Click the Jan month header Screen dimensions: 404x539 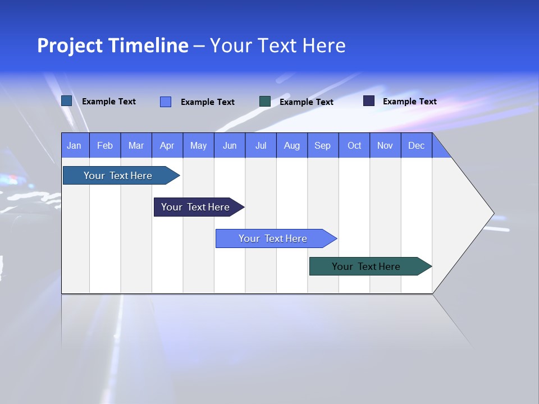point(74,145)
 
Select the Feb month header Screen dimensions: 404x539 point(105,145)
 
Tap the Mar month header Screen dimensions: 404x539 point(136,145)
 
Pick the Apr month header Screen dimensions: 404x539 point(167,145)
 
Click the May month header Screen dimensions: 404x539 point(198,145)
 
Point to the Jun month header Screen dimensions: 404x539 point(230,145)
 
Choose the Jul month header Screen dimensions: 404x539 point(261,145)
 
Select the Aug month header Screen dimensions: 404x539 point(291,145)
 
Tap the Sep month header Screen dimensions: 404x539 point(322,145)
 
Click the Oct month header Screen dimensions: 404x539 point(354,145)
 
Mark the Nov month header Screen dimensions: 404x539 point(385,145)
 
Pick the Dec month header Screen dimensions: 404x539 point(416,145)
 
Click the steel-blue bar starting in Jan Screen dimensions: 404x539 point(118,176)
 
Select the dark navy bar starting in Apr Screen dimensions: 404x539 point(195,207)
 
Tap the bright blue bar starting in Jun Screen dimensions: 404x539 point(273,238)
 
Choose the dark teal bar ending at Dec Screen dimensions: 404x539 point(366,267)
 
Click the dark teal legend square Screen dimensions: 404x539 point(265,102)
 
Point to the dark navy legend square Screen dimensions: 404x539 point(369,101)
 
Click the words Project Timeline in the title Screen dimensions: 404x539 point(113,45)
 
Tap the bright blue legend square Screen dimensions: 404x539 point(166,102)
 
